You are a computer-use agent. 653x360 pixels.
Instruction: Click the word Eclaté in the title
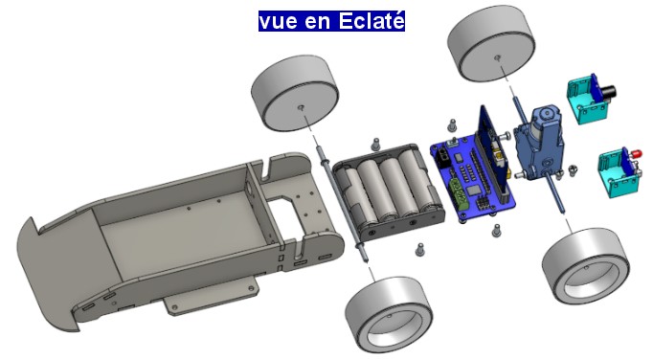372,21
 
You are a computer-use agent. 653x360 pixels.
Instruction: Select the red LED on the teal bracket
636,154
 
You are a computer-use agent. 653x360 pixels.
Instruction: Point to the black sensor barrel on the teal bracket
608,92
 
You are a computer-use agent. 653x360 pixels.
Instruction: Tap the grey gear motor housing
539,141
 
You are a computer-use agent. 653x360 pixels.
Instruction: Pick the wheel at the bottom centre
388,316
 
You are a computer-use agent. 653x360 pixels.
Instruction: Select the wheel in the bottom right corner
586,265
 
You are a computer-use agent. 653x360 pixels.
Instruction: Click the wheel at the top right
491,43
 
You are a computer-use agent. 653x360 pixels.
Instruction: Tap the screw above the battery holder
376,144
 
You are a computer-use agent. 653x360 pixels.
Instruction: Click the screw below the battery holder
420,249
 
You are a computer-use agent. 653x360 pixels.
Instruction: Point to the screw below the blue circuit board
496,231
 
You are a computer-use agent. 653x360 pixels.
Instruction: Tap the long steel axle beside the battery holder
343,205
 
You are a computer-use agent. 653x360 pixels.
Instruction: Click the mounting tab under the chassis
211,297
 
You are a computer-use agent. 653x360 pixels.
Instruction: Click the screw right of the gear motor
573,170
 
